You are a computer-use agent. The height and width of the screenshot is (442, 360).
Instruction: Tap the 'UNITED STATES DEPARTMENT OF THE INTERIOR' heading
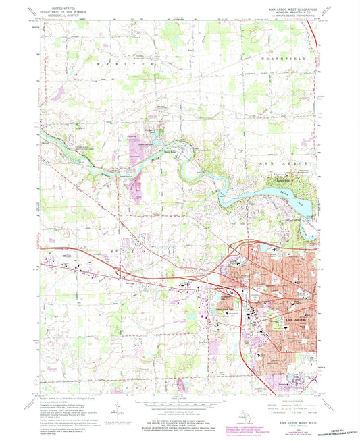pyautogui.click(x=59, y=10)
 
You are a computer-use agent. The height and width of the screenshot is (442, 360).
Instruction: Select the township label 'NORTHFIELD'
pyautogui.click(x=282, y=60)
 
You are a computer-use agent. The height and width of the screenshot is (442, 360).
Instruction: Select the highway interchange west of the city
pyautogui.click(x=124, y=271)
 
